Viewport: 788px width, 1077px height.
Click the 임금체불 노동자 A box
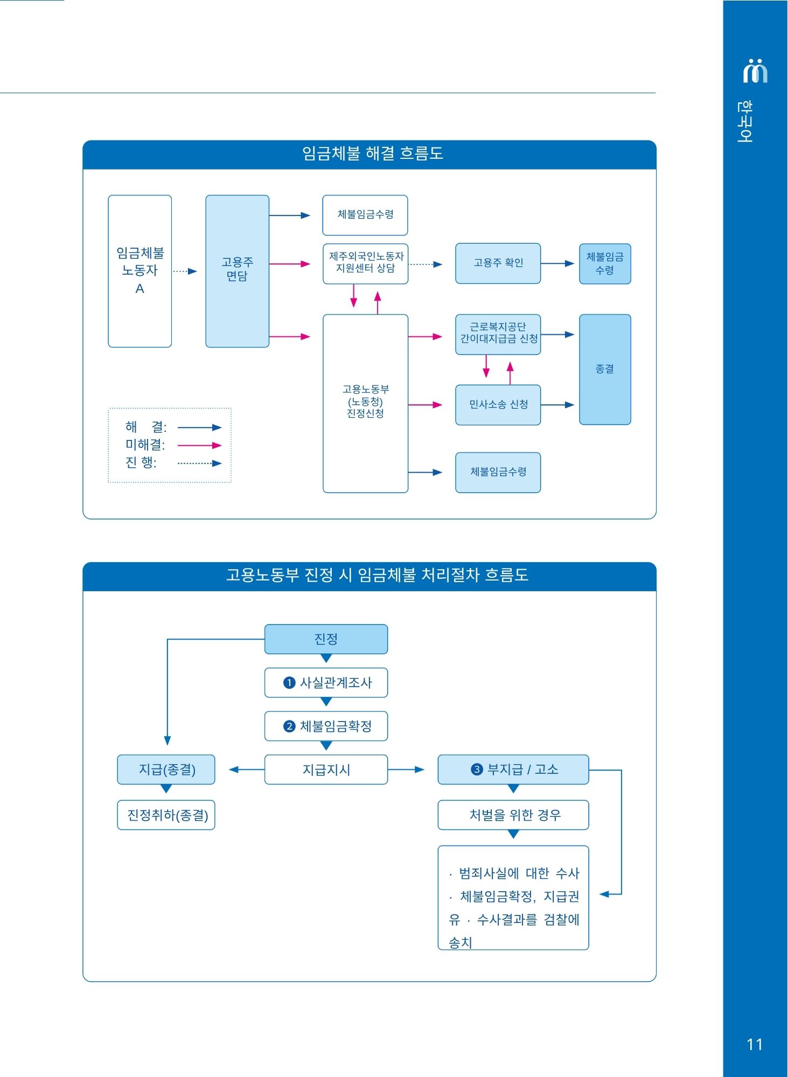pos(140,271)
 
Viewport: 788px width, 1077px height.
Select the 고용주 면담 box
pos(237,271)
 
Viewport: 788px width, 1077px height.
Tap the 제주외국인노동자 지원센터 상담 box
pos(365,263)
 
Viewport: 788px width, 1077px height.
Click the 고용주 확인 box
pos(498,263)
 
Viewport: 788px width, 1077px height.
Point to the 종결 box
pos(604,369)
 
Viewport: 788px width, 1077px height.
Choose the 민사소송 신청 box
pos(498,405)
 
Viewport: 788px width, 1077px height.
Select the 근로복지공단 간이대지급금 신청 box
pos(498,334)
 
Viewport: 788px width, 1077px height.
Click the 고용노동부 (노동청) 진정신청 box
pos(365,403)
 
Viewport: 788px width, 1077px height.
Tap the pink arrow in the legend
pos(199,445)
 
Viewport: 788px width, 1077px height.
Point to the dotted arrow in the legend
pos(199,463)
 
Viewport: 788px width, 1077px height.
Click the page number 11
pos(755,1045)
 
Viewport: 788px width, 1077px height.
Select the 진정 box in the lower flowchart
pos(326,639)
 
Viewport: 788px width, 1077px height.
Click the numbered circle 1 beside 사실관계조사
pos(289,683)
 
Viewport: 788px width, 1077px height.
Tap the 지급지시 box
pos(326,770)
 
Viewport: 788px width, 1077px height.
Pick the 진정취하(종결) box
pos(166,815)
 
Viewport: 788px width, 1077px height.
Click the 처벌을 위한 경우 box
pos(513,815)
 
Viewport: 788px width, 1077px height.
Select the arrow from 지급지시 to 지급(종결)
pos(246,770)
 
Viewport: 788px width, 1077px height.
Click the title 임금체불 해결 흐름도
pos(372,154)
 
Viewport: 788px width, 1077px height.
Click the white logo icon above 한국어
pos(755,71)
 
